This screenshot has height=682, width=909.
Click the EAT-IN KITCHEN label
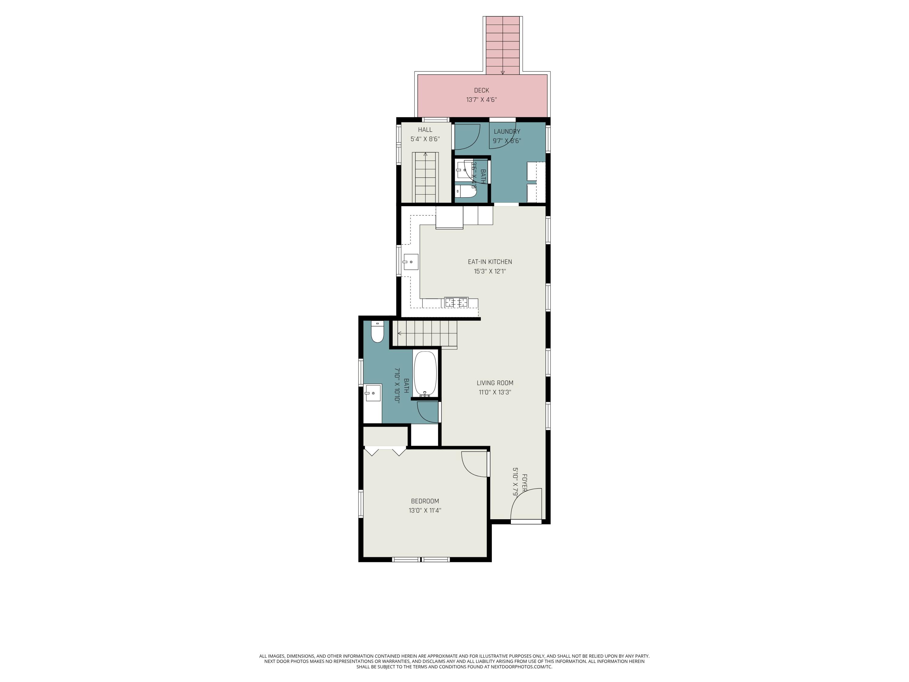(490, 262)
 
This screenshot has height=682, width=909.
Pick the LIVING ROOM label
(495, 383)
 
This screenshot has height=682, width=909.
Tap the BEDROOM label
(425, 501)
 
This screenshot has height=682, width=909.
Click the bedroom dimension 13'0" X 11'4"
(425, 510)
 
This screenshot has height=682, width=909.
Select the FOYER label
(524, 483)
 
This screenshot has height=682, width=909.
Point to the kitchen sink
(411, 262)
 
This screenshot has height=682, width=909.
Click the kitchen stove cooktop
(456, 303)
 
